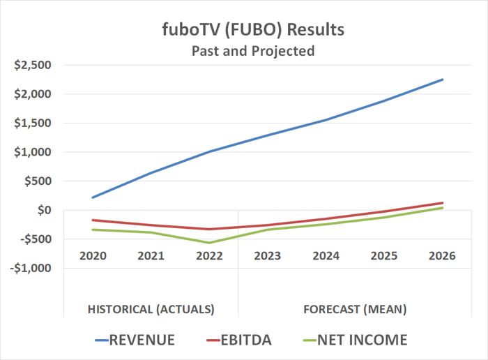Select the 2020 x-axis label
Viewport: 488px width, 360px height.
click(93, 255)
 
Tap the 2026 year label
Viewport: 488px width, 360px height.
click(442, 255)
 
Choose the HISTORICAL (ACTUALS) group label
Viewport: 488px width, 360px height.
click(151, 308)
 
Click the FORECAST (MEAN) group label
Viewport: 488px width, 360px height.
click(355, 308)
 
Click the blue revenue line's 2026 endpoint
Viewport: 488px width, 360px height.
click(442, 80)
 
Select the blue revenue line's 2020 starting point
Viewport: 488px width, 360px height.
click(93, 197)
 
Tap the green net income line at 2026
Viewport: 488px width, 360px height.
click(442, 208)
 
